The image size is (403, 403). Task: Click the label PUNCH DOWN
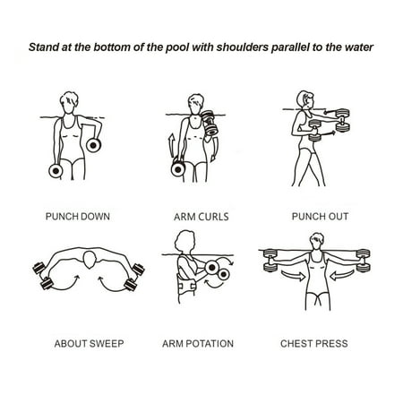click(77, 216)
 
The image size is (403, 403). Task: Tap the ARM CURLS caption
click(201, 217)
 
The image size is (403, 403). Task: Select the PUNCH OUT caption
click(319, 216)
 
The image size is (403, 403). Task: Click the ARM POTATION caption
click(198, 343)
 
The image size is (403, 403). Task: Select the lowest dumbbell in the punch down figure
click(56, 168)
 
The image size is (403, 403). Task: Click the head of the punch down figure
click(69, 100)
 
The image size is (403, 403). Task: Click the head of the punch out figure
click(304, 99)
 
